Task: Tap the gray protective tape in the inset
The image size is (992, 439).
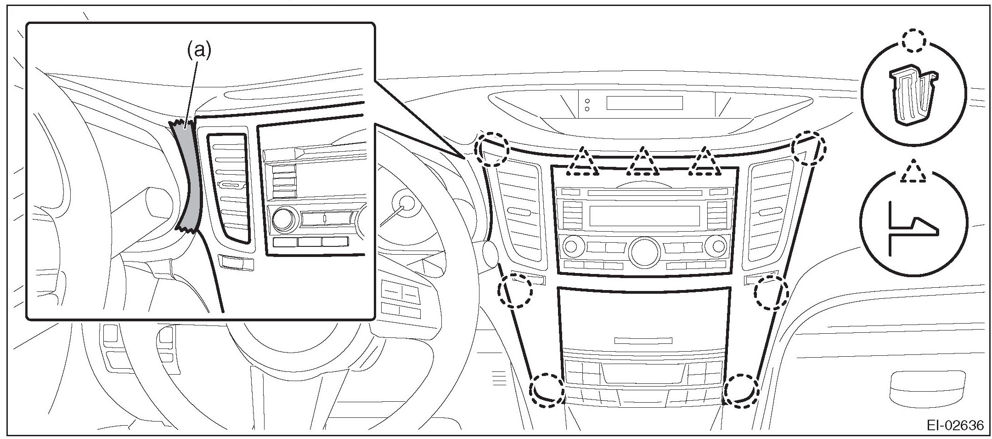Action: pos(189,179)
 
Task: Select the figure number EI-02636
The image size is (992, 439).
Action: pos(958,425)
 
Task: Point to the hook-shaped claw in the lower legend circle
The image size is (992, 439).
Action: pos(913,228)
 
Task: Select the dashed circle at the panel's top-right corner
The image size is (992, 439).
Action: pos(809,148)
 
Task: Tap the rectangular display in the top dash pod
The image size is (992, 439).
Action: pos(644,103)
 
